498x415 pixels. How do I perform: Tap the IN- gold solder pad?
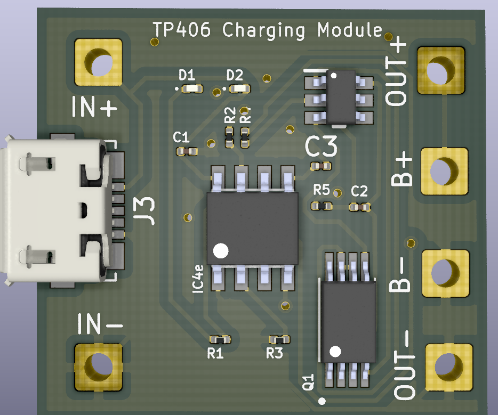tap(99, 366)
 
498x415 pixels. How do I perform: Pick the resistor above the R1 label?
tap(220, 339)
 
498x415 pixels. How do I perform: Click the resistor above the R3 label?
tap(279, 339)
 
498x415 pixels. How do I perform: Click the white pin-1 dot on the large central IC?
tap(220, 250)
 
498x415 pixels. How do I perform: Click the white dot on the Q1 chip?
tap(335, 351)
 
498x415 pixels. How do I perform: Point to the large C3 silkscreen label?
tap(322, 147)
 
